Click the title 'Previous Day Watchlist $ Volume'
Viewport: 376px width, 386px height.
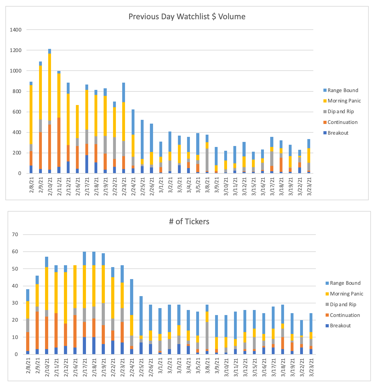tap(187, 17)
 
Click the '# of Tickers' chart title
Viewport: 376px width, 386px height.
tap(189, 221)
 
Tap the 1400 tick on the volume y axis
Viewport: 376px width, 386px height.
tap(15, 30)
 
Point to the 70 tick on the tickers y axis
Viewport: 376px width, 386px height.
tap(15, 235)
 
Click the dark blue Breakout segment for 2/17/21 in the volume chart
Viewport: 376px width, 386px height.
tap(87, 164)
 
